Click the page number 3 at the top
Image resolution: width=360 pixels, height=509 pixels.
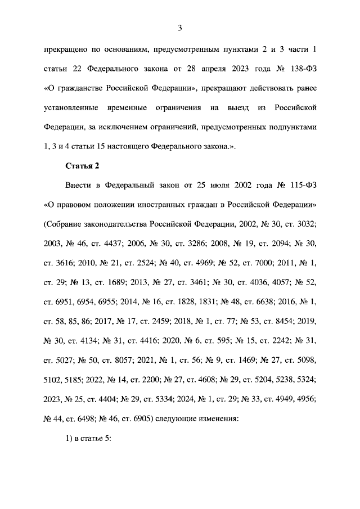(x=180, y=27)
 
